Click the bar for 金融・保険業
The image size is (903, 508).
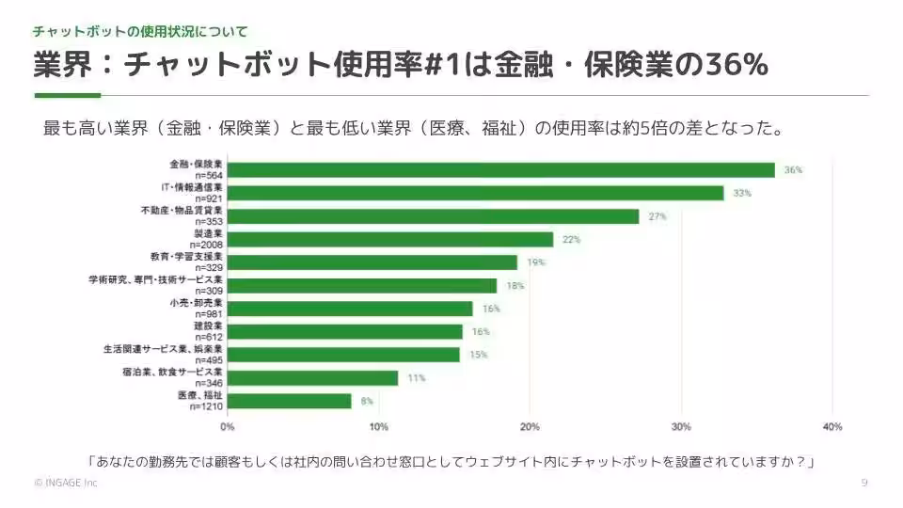pos(501,170)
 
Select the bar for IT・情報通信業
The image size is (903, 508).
pos(476,193)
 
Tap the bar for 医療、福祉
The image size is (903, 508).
pos(290,401)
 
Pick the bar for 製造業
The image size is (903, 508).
pos(390,239)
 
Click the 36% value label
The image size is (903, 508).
pos(793,170)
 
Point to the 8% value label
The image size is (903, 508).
pos(366,401)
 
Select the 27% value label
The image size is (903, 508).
pos(657,216)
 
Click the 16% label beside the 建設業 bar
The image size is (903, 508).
pos(480,331)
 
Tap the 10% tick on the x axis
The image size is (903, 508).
pos(379,426)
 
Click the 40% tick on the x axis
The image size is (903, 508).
pos(831,426)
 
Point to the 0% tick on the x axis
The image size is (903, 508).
pos(228,426)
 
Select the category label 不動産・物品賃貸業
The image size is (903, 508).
pos(181,211)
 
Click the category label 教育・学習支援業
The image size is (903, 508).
pos(186,257)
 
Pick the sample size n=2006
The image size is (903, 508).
pos(207,244)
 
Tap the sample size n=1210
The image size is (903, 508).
pos(206,405)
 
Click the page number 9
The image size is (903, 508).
pos(863,483)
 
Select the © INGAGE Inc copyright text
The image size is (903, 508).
pos(65,483)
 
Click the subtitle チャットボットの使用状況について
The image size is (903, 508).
pos(141,31)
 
